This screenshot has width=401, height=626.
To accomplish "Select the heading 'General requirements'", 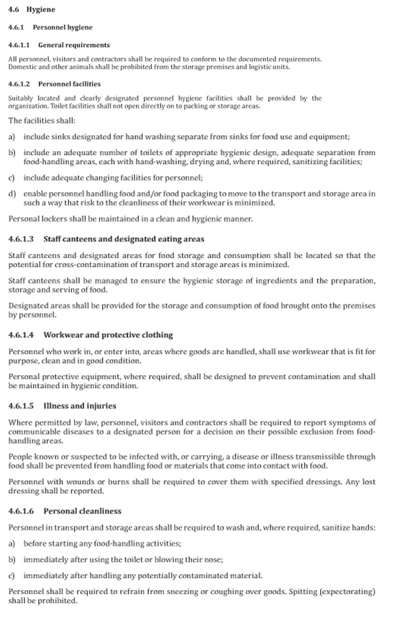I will [74, 45].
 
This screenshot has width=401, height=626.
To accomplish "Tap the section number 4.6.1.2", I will [20, 84].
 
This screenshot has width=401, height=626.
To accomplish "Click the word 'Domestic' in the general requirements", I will [23, 67].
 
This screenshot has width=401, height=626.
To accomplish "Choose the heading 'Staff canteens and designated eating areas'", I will [124, 239].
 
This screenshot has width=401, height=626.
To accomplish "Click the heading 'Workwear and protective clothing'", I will [108, 335].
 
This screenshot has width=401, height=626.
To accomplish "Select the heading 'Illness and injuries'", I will [79, 406].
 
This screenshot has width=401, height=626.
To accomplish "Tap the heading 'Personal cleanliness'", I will [82, 511].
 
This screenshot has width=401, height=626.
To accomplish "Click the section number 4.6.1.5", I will [21, 406].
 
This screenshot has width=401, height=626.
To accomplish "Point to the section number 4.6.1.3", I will [21, 239].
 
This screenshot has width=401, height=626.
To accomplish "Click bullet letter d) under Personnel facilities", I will [12, 193].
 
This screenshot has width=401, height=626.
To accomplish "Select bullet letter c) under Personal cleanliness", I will [12, 575].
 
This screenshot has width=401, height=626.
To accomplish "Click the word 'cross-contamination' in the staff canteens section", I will [78, 265].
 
